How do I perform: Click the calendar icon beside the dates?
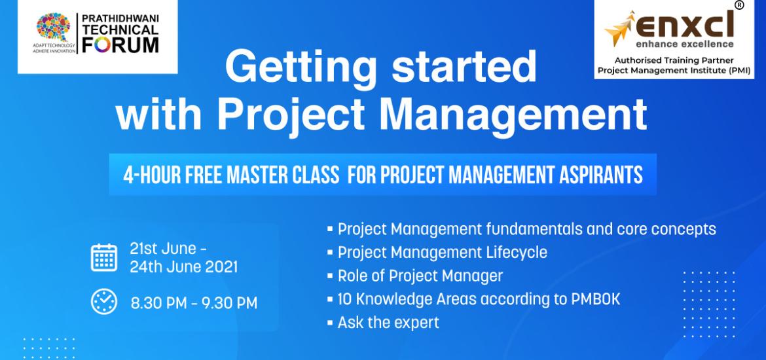(x=104, y=257)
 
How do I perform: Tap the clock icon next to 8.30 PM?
(x=104, y=301)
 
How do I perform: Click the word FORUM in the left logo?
(x=120, y=45)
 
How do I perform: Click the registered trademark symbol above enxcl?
(x=739, y=5)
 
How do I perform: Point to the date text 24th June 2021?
(x=184, y=266)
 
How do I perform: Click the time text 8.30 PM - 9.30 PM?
(x=194, y=302)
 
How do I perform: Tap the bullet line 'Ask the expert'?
(x=388, y=322)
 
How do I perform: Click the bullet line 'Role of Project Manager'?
(x=420, y=276)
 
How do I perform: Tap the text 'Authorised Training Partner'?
(x=674, y=58)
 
